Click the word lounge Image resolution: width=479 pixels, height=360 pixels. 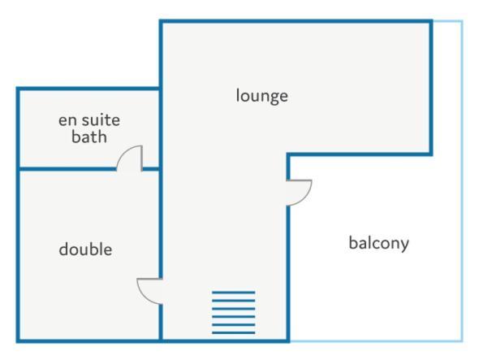click(261, 97)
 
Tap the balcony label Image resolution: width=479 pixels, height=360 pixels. click(379, 244)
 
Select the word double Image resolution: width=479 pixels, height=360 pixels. click(85, 249)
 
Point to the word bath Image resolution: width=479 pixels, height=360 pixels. click(89, 137)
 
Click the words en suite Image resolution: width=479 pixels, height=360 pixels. click(89, 120)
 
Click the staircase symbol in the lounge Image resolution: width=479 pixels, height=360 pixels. click(234, 313)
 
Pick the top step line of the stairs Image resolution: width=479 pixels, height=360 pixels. click(234, 293)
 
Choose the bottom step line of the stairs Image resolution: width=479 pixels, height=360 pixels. click(234, 333)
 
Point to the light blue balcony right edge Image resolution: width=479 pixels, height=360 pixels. click(462, 180)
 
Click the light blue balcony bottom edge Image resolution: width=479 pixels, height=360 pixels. click(376, 340)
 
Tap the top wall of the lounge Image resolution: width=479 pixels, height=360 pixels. click(296, 21)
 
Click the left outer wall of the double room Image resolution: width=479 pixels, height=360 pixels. click(18, 255)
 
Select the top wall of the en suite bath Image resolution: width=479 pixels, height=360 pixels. click(88, 89)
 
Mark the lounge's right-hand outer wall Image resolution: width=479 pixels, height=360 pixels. click(431, 88)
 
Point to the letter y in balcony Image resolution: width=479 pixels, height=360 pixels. click(405, 246)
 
